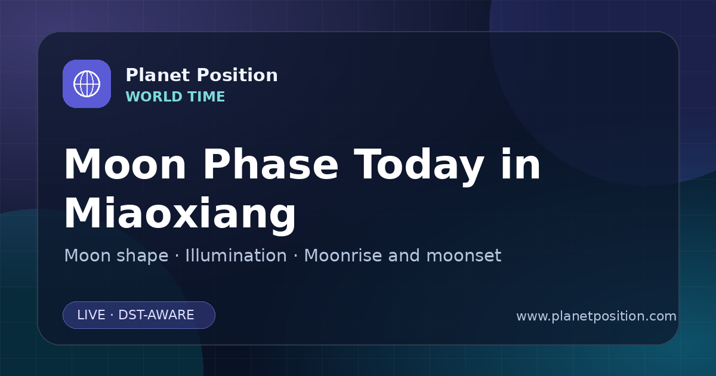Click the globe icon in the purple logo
click(87, 84)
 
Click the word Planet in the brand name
click(158, 75)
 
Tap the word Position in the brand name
click(237, 75)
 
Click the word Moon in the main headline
click(125, 164)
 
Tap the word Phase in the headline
click(270, 164)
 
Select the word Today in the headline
click(419, 167)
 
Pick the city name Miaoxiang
click(180, 214)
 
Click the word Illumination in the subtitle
click(236, 255)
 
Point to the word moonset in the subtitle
click(464, 255)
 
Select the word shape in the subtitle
click(143, 257)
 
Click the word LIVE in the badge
click(91, 315)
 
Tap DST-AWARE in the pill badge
click(156, 315)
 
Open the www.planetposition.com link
click(597, 316)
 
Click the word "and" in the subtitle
click(404, 255)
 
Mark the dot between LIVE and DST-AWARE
click(112, 315)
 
